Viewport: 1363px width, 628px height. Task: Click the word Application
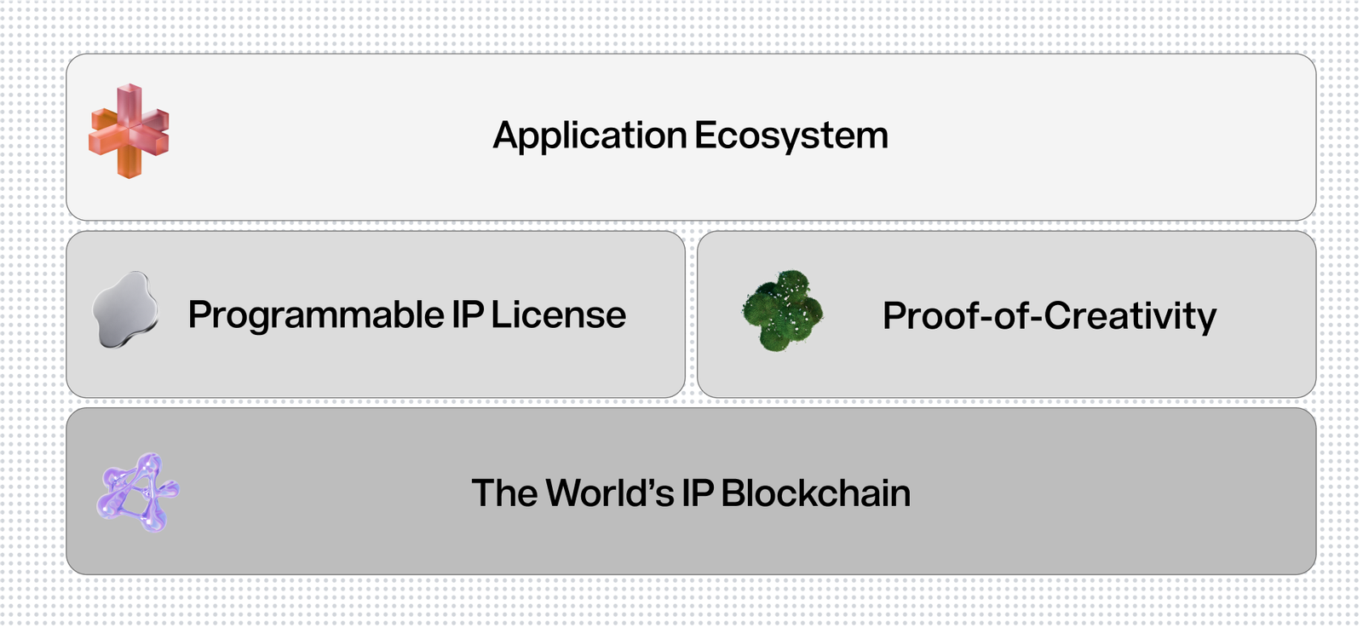pos(589,135)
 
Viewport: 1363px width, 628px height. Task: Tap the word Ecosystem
pos(791,135)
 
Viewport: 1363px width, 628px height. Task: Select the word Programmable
pos(316,316)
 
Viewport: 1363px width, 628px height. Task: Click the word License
pos(558,314)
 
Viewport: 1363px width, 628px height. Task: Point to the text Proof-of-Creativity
pos(1049,316)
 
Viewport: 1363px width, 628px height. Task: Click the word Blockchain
pos(815,493)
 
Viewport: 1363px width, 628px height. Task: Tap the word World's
pos(610,493)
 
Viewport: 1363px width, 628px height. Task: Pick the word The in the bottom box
pos(504,493)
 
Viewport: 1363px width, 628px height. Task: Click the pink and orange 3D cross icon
pos(129,131)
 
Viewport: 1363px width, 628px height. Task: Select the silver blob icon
pos(125,310)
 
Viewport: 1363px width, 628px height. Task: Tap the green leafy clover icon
pos(783,310)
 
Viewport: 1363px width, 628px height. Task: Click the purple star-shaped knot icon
pos(138,493)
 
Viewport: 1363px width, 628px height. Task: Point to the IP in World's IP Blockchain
pos(698,493)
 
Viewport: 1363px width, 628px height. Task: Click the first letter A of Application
pos(509,135)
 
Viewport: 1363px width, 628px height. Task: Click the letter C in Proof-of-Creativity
pos(1061,315)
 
